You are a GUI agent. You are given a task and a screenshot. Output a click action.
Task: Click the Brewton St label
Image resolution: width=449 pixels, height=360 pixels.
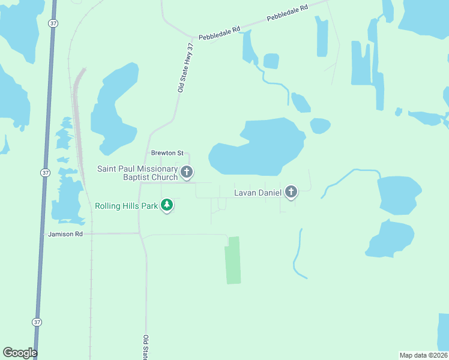[x=163, y=153]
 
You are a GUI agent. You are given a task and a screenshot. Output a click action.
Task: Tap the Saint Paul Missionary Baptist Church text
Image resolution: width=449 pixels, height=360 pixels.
[x=138, y=173]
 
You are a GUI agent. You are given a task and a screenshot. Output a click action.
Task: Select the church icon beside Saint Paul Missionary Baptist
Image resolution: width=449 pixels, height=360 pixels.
[x=187, y=173]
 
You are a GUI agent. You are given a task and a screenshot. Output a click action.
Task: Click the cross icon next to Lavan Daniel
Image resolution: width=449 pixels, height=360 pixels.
[x=291, y=192]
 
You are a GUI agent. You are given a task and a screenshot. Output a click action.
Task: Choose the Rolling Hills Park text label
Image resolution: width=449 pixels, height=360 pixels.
[x=127, y=206]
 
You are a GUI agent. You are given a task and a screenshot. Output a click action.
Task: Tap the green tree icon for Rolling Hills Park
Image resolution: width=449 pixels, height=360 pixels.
[x=167, y=206]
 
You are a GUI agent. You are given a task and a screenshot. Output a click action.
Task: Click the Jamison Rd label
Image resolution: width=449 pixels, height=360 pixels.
[x=65, y=233]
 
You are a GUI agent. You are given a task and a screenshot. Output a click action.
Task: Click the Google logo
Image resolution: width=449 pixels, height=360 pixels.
[x=20, y=353]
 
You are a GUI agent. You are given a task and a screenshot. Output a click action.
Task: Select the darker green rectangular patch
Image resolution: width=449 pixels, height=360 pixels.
[x=233, y=260]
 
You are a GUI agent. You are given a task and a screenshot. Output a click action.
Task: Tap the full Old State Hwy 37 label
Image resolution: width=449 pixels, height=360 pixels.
[x=186, y=67]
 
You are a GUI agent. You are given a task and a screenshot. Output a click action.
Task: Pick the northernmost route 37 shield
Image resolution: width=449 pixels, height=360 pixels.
[x=53, y=23]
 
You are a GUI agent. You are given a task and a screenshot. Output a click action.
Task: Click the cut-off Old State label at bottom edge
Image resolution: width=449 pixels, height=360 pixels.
[x=145, y=348]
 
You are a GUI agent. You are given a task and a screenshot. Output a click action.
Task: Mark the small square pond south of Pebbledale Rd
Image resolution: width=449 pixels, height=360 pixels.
[x=271, y=61]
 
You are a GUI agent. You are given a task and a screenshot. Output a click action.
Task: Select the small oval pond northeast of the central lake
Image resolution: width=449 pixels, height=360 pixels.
[x=320, y=126]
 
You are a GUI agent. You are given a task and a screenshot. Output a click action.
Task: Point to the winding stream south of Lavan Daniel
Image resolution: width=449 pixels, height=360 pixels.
[x=297, y=255]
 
